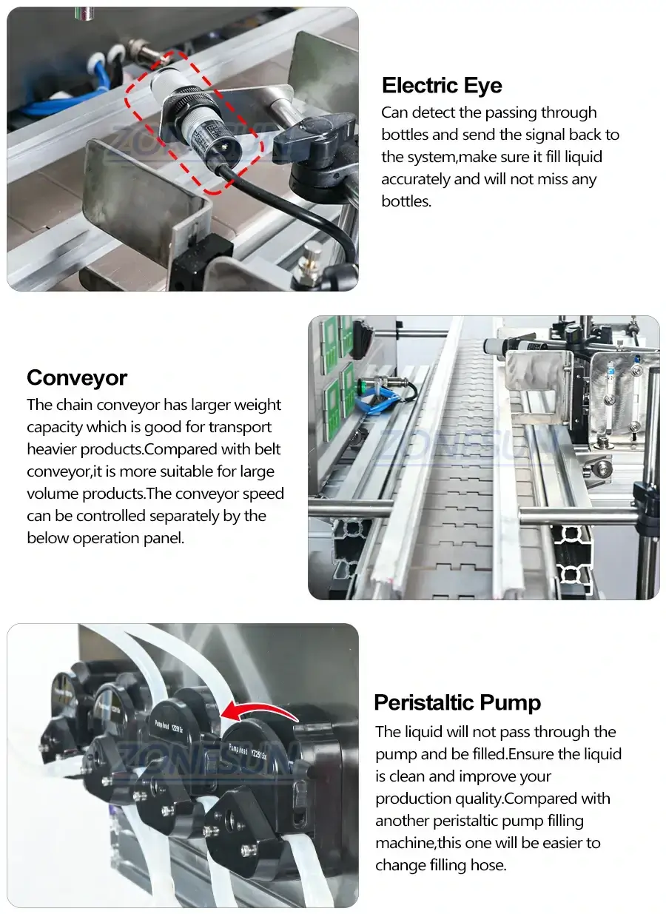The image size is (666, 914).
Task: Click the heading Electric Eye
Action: (x=442, y=86)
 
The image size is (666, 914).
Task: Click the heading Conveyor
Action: (x=77, y=378)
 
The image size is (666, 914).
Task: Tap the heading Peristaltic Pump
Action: (x=457, y=702)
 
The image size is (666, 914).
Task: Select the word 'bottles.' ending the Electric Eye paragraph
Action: (x=406, y=201)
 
